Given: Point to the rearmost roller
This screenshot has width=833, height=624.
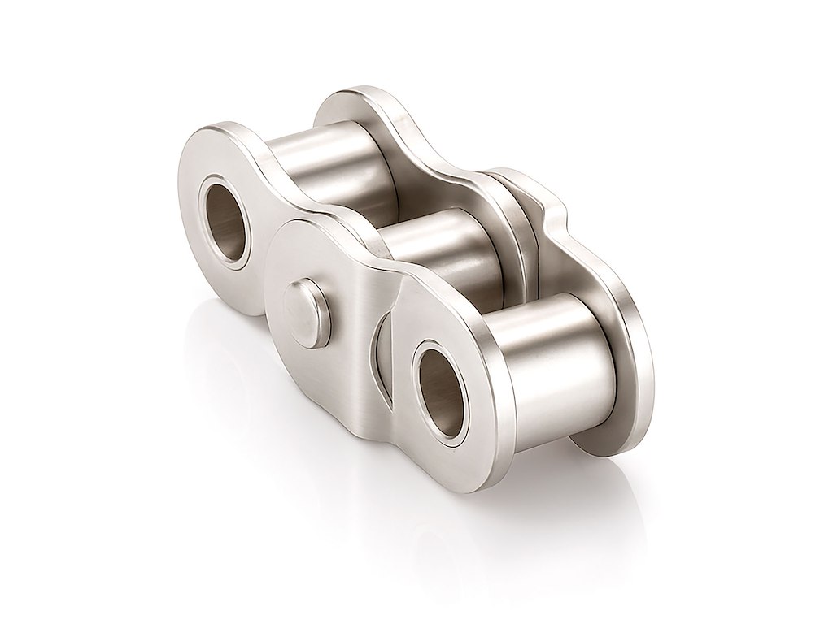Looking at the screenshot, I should click(342, 162).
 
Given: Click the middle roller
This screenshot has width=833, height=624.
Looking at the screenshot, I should click(443, 244).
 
